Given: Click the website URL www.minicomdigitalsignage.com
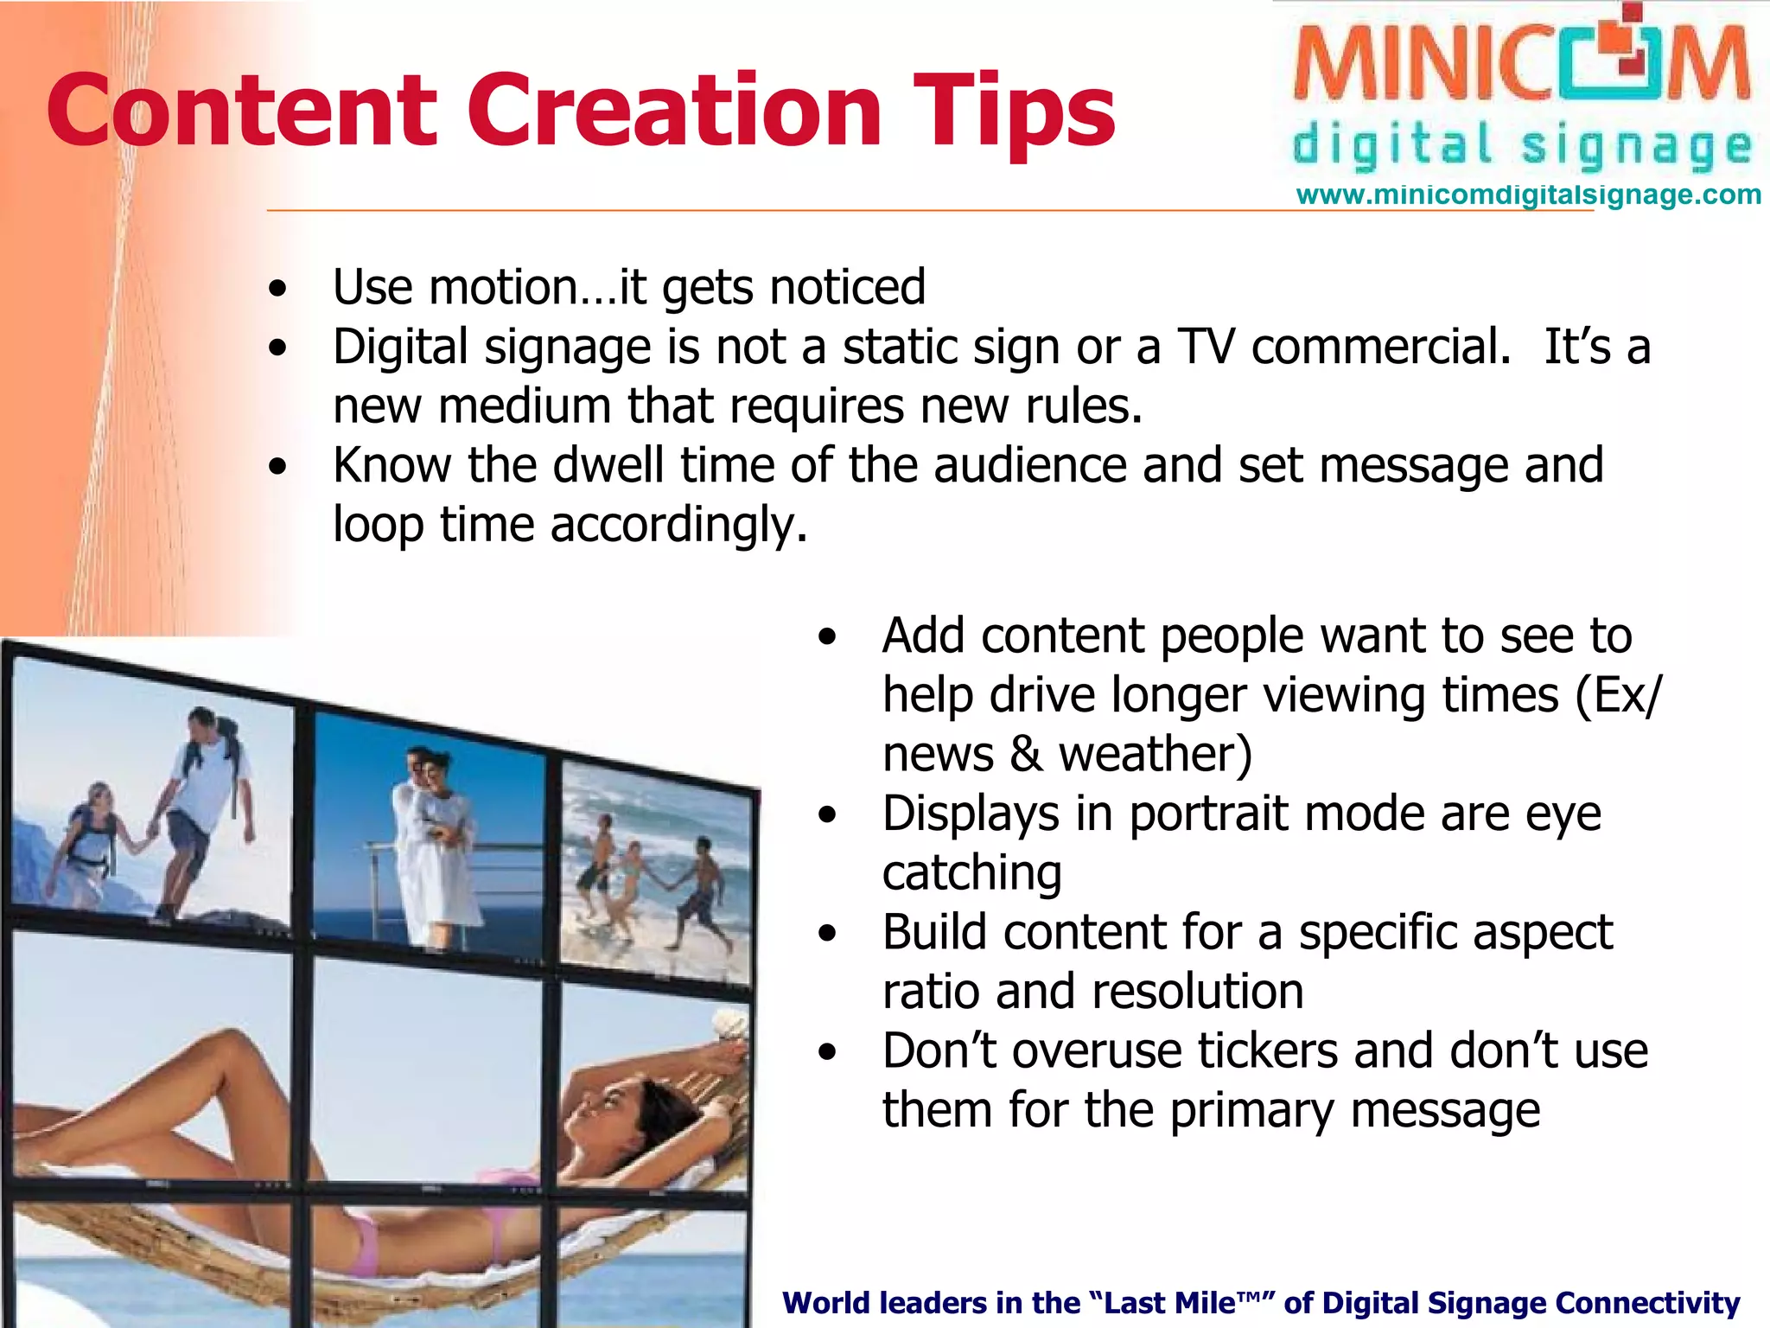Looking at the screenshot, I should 1528,195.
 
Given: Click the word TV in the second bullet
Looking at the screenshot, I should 1207,347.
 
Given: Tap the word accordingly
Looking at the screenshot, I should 678,525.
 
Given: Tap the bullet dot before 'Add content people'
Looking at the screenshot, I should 828,638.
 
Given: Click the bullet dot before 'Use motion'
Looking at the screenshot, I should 277,290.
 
